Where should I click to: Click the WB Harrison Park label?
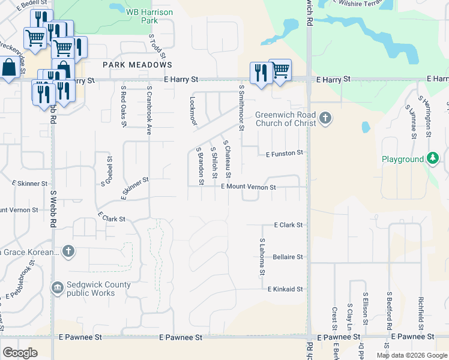142,16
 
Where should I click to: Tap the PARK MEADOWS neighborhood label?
137,65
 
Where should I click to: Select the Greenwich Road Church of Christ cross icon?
325,118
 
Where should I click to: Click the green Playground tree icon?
432,159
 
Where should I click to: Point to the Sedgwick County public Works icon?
58,288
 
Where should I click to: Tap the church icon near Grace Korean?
69,251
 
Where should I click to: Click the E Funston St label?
285,154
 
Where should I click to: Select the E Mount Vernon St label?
248,187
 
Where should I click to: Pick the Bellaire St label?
288,257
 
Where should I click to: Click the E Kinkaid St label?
285,289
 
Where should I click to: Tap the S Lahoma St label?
262,257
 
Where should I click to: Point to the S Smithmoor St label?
241,107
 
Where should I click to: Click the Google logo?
20,353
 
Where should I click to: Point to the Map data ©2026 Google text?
411,355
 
